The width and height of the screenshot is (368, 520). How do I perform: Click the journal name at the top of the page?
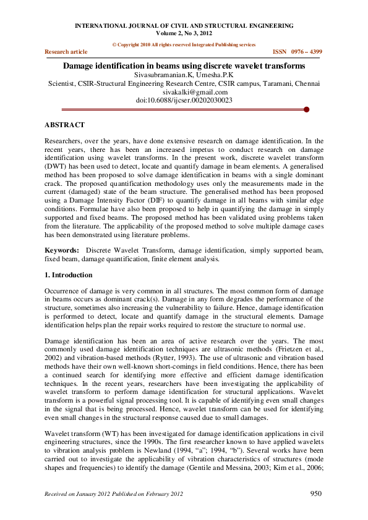(x=184, y=25)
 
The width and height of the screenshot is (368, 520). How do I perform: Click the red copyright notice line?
(x=184, y=45)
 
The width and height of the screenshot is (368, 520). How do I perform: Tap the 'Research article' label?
(x=66, y=52)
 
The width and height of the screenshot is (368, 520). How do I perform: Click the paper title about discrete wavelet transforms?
(x=184, y=65)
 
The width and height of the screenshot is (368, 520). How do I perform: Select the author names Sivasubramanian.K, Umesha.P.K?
(x=184, y=74)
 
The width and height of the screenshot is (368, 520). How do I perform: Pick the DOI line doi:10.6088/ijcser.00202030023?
(x=184, y=100)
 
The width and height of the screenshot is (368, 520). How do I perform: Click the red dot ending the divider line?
(x=306, y=109)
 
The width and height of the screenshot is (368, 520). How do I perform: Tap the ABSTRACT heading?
(x=65, y=125)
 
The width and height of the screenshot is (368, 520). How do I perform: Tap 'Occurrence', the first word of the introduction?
(x=63, y=290)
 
